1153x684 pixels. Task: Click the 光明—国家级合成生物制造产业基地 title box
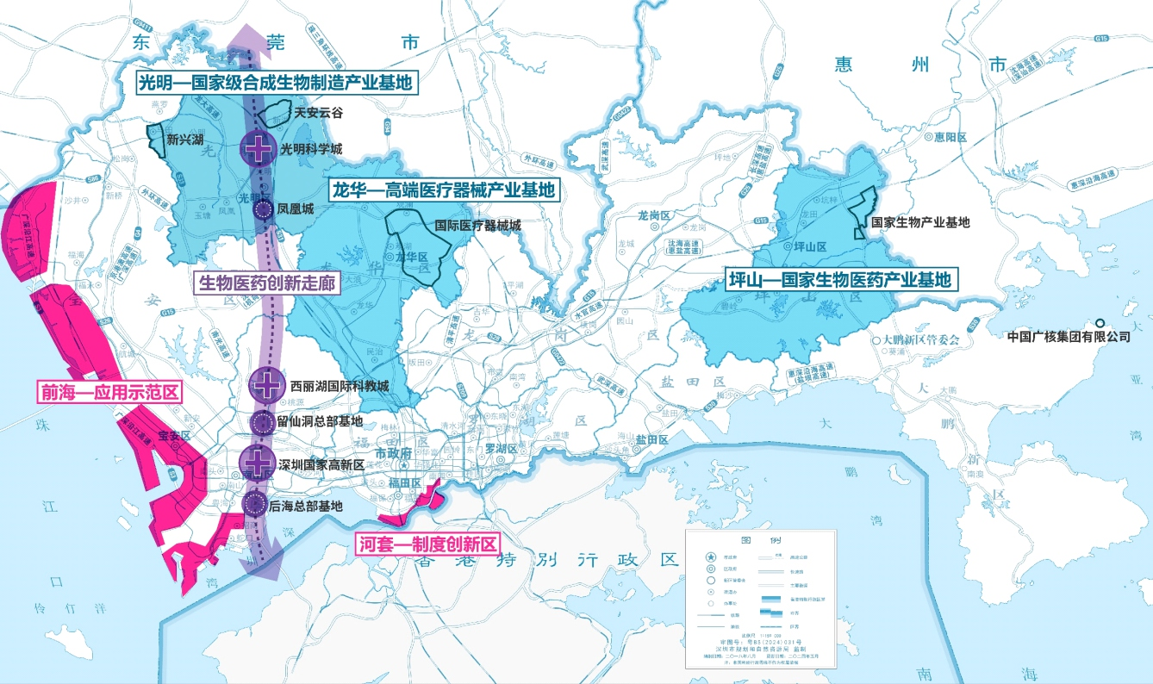pyautogui.click(x=274, y=84)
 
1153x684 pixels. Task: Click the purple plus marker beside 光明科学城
pyautogui.click(x=257, y=149)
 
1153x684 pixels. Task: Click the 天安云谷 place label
pyautogui.click(x=318, y=112)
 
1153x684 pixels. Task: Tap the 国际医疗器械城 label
pyautogui.click(x=478, y=226)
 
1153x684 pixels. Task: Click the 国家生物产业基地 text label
pyautogui.click(x=920, y=222)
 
